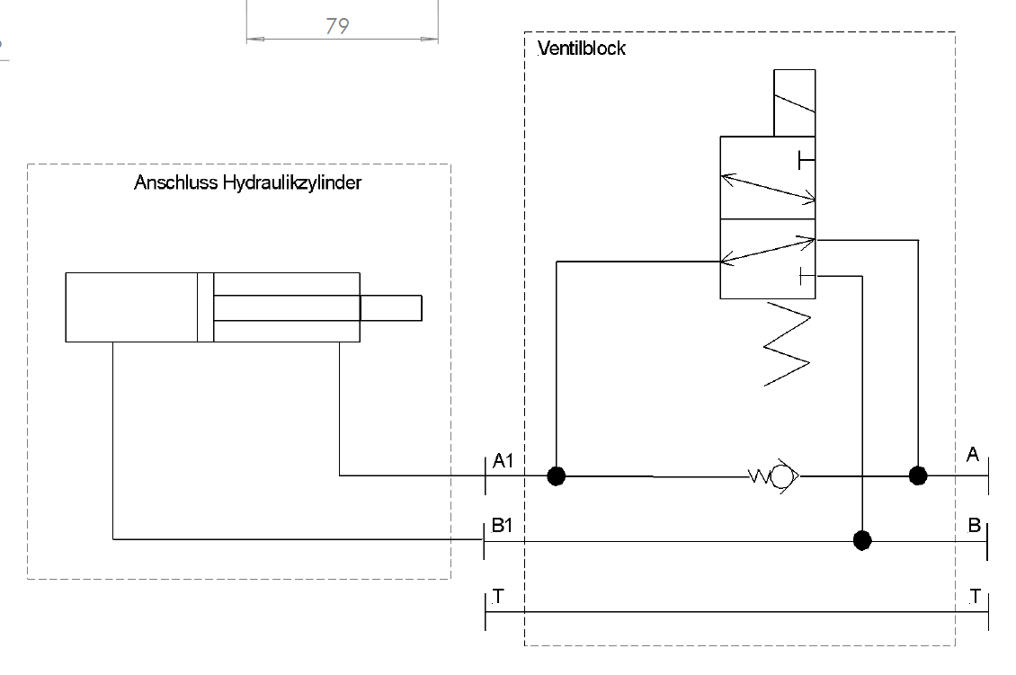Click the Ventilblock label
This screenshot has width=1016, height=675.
[x=581, y=49]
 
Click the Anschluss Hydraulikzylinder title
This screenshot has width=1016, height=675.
[x=247, y=183]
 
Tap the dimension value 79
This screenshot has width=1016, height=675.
[x=337, y=27]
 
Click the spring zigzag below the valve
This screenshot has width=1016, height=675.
[x=788, y=346]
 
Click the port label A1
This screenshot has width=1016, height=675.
[x=503, y=461]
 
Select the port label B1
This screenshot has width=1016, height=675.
[x=502, y=526]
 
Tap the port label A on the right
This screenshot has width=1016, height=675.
[x=972, y=456]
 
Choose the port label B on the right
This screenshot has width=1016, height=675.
[x=974, y=526]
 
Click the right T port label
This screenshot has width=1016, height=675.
[x=976, y=596]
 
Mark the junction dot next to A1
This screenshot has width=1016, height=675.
[x=557, y=475]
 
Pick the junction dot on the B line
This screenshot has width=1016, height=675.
[x=862, y=540]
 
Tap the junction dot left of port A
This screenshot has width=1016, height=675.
[x=918, y=475]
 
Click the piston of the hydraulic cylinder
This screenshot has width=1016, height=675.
[x=205, y=306]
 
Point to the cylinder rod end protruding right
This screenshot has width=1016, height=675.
[x=391, y=306]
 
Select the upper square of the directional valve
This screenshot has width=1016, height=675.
[x=767, y=178]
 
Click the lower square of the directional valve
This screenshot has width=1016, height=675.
[x=767, y=258]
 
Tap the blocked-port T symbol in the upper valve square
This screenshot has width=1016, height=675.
[x=806, y=160]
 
